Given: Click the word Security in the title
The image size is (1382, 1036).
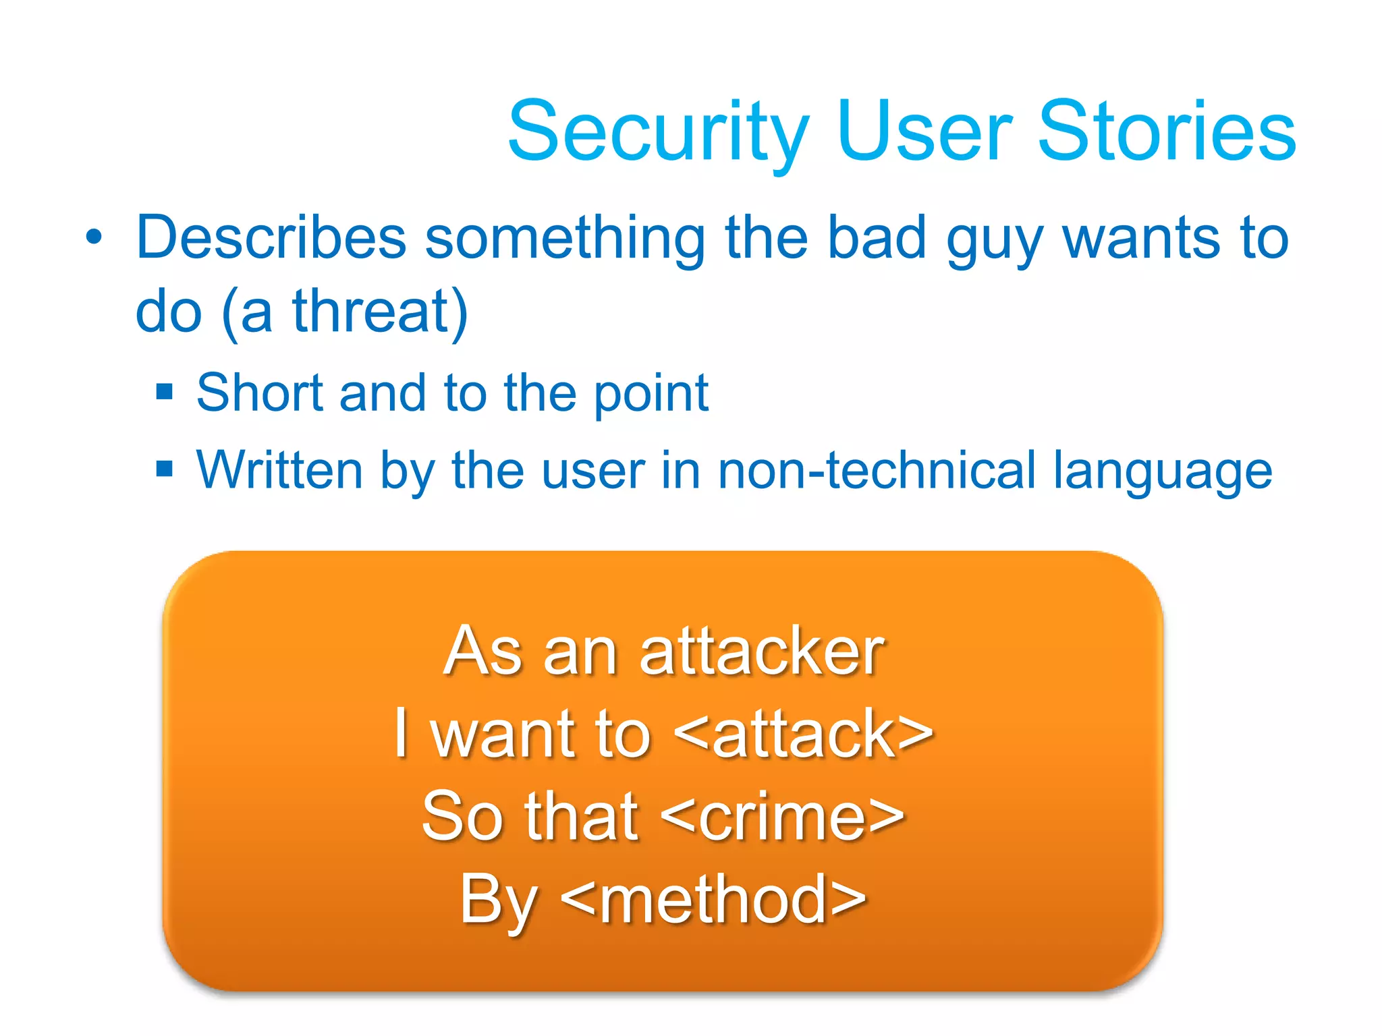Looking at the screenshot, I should (658, 132).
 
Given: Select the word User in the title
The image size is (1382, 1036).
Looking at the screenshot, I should (924, 132).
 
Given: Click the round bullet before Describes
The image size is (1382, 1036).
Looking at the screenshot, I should (94, 238).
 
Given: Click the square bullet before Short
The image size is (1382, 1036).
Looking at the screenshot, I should (165, 392).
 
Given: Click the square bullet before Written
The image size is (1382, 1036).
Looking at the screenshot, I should (165, 468).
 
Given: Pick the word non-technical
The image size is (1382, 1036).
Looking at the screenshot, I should (876, 470).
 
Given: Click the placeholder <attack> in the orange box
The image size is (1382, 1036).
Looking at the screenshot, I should (803, 734).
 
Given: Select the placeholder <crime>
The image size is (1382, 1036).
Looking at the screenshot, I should (782, 817).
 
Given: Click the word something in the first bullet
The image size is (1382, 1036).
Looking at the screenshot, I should (565, 239).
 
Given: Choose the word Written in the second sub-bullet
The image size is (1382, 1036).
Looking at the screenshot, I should (279, 470).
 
